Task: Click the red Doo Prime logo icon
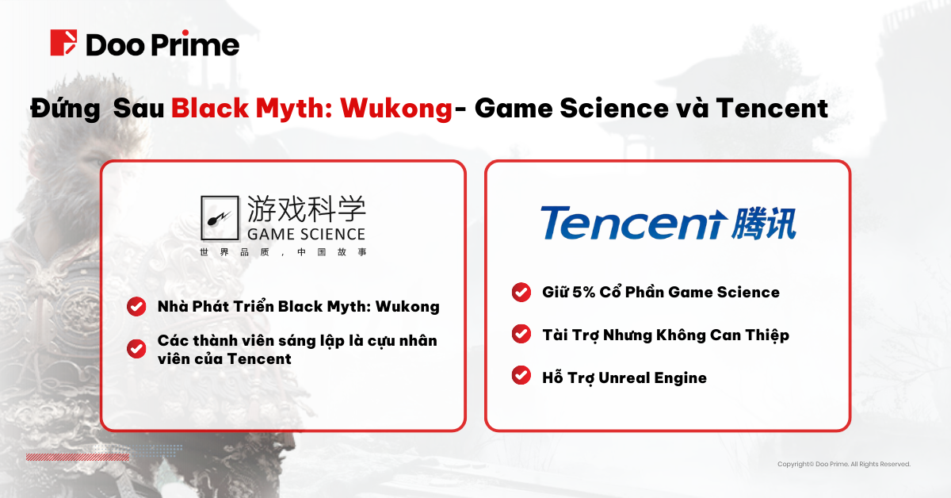coord(63,43)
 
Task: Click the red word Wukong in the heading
coord(396,109)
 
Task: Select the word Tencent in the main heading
coord(772,108)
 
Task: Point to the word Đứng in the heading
coord(65,108)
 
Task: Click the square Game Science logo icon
coord(220,218)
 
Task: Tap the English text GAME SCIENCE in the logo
coord(306,234)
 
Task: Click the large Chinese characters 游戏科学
coord(306,209)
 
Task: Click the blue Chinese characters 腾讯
coord(764,224)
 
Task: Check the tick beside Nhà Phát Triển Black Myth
coord(136,306)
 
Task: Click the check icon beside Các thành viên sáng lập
coord(136,349)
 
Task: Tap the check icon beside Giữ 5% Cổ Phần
coord(521,293)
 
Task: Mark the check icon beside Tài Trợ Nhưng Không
coord(521,334)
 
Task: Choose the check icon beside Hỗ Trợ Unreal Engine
coord(521,375)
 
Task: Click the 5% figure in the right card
coord(583,293)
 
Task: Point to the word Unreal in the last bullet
coord(624,377)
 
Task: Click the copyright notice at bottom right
coord(844,464)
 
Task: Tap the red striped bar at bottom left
coord(78,458)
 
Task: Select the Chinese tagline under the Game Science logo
coord(283,252)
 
